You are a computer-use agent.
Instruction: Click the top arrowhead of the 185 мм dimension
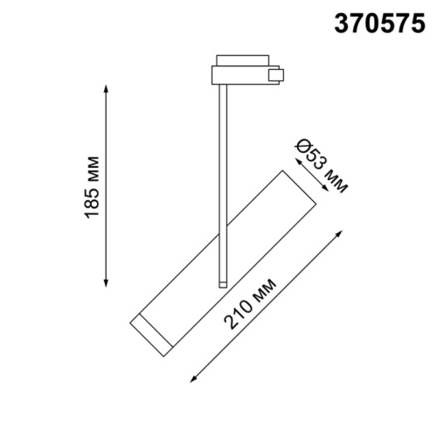pyautogui.click(x=107, y=87)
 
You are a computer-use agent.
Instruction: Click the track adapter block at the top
pyautogui.click(x=239, y=73)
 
